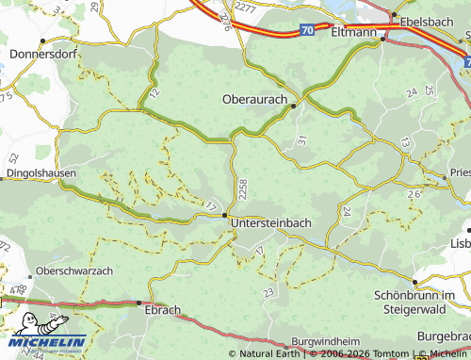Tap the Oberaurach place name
[256, 98]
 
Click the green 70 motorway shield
[306, 31]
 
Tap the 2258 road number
[244, 188]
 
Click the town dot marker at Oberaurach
[294, 106]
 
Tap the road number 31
[301, 139]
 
